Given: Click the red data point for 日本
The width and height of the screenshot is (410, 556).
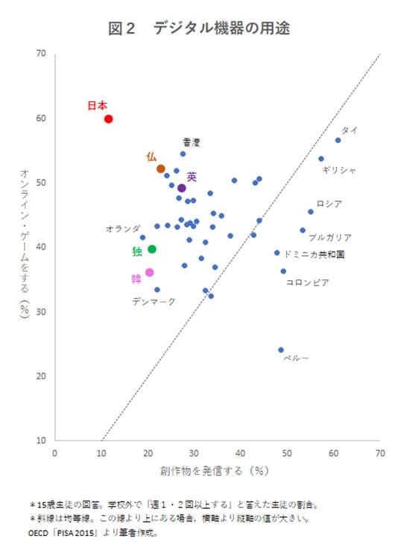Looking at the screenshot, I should [108, 119].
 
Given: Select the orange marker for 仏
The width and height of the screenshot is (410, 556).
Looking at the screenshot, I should [160, 168].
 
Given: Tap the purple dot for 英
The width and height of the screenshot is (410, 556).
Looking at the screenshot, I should [181, 188].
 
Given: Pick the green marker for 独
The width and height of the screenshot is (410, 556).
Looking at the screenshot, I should [152, 249].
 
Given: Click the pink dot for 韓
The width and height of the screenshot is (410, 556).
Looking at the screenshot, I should [149, 273].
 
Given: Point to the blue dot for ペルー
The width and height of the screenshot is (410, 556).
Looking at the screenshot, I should [281, 350].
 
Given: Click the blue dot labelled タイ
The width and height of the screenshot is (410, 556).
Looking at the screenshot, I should [338, 140].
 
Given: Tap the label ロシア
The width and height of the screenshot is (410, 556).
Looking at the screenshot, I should [329, 203].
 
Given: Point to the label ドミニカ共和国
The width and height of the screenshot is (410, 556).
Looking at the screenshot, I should [314, 254].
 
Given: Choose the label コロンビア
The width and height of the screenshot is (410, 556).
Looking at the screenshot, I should [307, 282].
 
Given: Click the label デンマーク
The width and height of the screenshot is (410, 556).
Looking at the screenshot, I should [154, 301].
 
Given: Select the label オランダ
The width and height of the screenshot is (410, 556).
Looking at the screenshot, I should [123, 228].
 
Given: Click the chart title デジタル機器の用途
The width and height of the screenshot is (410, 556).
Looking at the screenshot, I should [221, 28].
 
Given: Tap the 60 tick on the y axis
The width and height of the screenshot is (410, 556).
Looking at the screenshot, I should [41, 119].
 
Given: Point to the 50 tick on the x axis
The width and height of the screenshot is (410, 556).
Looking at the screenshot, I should [287, 452].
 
